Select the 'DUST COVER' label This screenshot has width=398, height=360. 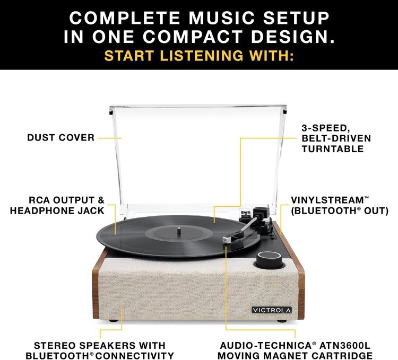60,138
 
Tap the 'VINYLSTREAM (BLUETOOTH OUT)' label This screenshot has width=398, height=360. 340,205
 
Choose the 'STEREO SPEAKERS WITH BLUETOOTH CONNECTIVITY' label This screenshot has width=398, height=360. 100,350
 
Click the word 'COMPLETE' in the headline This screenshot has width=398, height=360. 125,18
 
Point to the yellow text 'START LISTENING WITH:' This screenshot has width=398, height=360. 199,56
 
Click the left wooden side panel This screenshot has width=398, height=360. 96,292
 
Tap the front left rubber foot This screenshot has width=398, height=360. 113,320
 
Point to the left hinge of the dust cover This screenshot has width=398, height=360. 111,112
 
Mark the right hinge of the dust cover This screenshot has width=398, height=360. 285,112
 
